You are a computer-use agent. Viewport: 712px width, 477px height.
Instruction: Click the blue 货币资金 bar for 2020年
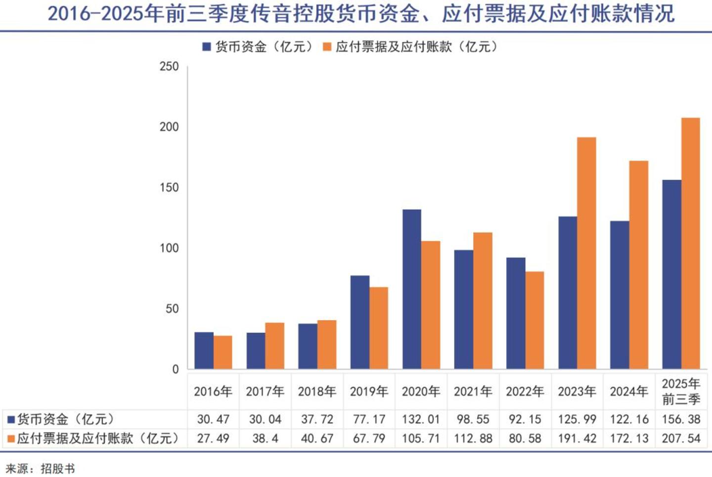point(411,289)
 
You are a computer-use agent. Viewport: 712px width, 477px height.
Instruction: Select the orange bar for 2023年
point(586,253)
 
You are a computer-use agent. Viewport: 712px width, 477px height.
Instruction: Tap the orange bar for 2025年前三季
point(690,243)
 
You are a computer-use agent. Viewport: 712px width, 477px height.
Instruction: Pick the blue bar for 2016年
point(204,351)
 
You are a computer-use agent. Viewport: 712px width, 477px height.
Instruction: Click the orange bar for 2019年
point(379,328)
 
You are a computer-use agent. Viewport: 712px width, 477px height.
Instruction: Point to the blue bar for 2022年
point(516,313)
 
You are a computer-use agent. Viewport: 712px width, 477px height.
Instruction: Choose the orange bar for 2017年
point(274,346)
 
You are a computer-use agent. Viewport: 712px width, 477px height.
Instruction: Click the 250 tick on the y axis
point(169,66)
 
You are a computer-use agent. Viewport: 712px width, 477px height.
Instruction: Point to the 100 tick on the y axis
point(169,248)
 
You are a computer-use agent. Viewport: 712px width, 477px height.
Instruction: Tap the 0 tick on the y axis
point(176,369)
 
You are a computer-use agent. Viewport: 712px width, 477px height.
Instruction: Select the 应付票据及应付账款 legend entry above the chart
point(410,47)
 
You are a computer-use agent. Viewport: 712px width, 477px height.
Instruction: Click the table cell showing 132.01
point(421,420)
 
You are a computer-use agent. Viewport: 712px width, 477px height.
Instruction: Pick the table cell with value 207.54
point(681,438)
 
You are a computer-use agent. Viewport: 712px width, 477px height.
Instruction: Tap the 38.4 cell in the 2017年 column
point(265,438)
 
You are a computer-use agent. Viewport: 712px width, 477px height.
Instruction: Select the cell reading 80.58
point(525,438)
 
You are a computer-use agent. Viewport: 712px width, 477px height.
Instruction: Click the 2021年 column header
point(473,391)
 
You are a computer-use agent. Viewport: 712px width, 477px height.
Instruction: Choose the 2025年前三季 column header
point(681,391)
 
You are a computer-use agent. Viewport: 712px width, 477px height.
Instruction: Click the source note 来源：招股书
point(41,469)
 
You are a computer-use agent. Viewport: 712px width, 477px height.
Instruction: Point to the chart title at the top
point(361,14)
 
